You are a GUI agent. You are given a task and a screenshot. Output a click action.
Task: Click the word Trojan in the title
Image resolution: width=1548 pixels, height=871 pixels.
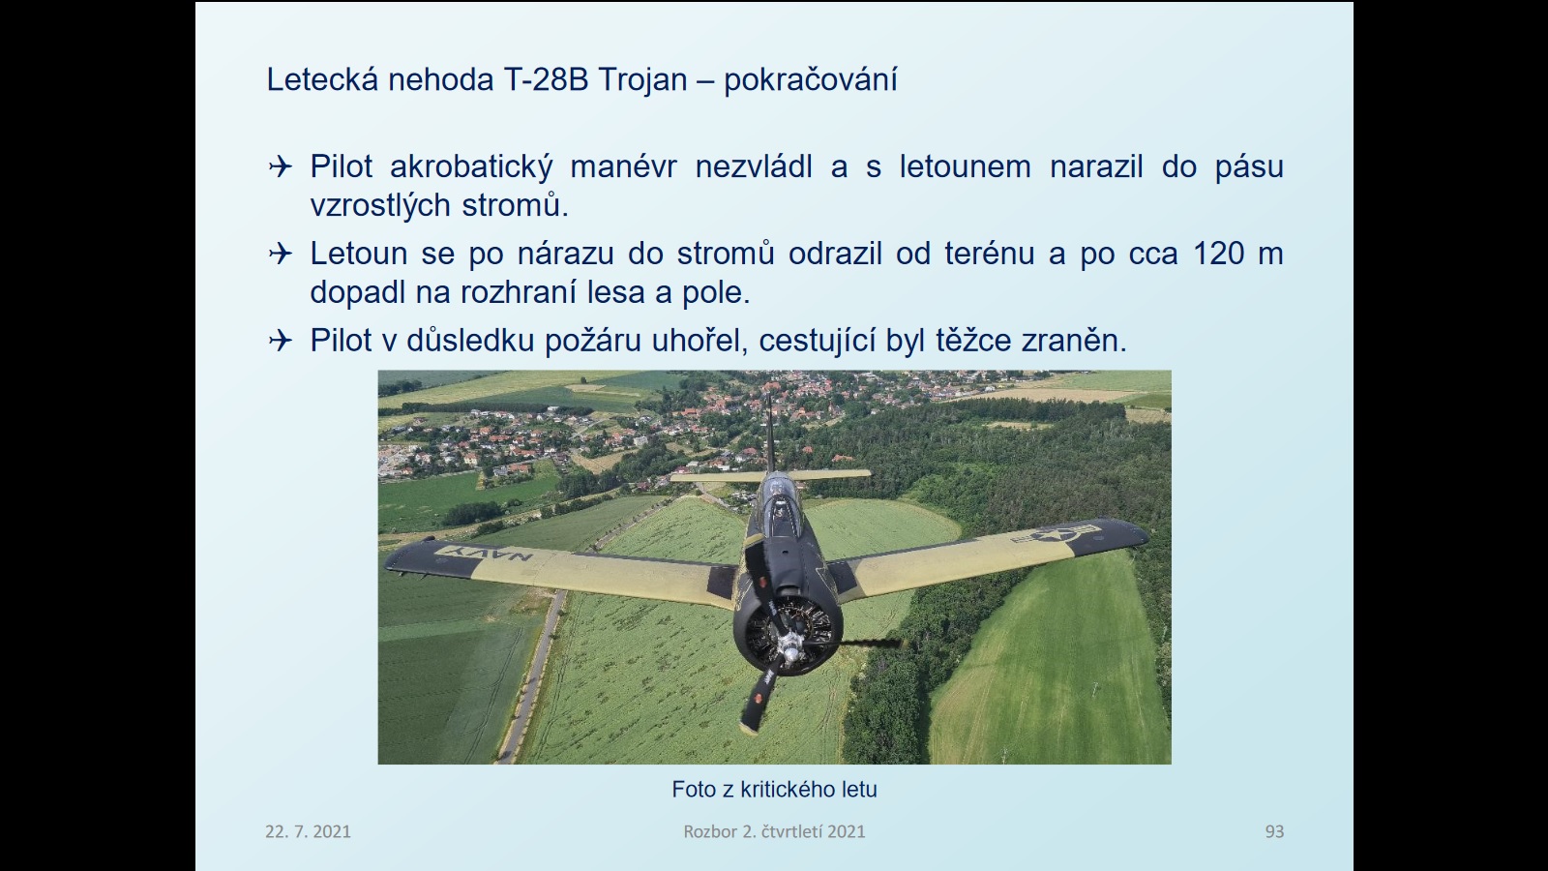tap(642, 79)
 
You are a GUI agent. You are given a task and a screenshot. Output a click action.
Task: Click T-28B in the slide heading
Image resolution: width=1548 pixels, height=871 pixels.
tap(546, 79)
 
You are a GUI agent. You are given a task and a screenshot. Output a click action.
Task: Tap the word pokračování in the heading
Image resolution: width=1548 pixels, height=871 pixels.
tap(810, 79)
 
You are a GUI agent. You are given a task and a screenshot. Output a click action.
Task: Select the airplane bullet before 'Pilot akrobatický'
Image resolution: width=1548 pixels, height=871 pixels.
tap(280, 166)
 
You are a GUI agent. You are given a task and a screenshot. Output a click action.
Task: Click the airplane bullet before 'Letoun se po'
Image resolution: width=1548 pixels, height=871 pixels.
tap(280, 254)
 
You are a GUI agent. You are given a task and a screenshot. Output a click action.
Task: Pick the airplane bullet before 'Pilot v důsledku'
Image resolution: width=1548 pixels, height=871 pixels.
tap(280, 340)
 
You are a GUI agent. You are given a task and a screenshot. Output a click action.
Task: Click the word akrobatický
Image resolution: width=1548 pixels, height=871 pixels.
tap(471, 166)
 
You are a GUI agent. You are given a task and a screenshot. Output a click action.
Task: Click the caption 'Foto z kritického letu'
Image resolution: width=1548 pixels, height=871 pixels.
tap(774, 790)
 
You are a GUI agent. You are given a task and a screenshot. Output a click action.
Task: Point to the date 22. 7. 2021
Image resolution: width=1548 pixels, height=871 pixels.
tap(308, 831)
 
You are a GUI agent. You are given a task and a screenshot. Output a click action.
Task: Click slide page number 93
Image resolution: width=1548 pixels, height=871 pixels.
tap(1274, 831)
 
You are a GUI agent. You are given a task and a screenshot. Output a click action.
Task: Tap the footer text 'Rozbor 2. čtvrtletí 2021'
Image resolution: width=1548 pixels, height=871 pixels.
tap(774, 831)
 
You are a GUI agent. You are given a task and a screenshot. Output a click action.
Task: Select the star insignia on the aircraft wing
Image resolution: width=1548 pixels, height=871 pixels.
tap(1056, 533)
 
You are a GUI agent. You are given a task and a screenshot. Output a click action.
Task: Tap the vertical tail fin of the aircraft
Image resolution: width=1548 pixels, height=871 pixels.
tap(769, 433)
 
